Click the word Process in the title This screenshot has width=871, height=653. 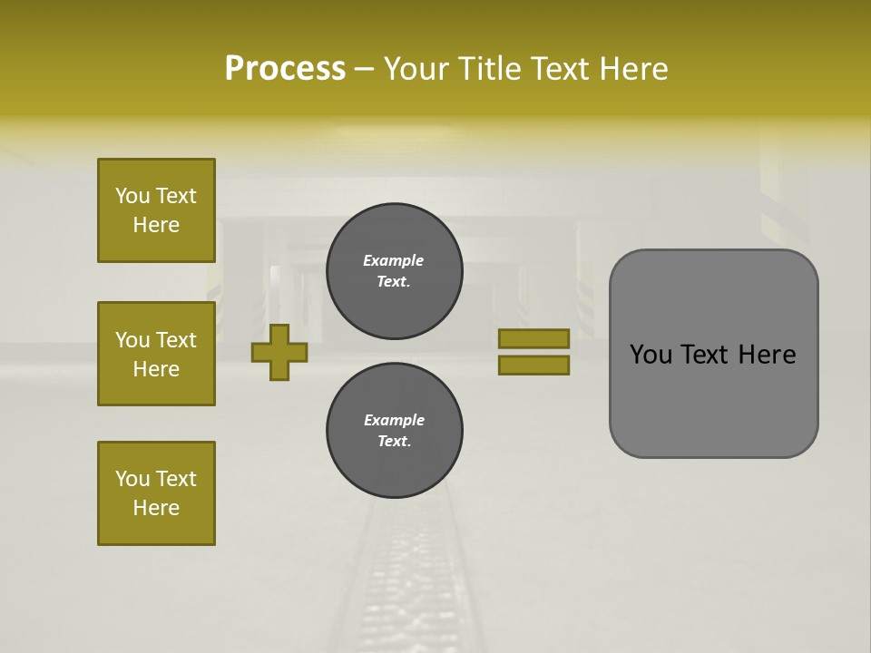285,69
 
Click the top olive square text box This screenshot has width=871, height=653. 156,210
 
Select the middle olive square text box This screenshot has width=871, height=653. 156,354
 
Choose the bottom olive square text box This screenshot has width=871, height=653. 156,493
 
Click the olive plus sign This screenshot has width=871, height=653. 279,352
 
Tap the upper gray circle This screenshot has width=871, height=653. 394,271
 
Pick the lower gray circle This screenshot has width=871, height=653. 394,431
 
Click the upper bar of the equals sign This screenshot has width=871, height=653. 533,338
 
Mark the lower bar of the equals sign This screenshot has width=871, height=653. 533,365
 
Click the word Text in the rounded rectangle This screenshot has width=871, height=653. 706,355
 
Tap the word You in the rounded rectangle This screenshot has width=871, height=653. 651,355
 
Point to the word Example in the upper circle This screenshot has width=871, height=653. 394,260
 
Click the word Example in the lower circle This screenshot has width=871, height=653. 394,420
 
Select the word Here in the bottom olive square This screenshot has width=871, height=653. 156,508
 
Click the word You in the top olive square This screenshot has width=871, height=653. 132,196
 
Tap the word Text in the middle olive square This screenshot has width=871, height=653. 175,340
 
